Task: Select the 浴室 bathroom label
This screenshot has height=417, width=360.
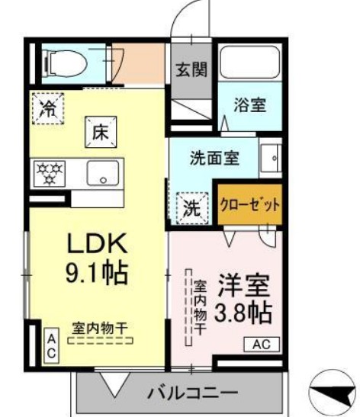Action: (249, 106)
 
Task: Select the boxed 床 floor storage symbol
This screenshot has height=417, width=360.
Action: (100, 132)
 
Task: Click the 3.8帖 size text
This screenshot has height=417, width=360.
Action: (245, 313)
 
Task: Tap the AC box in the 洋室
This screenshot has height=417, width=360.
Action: (262, 345)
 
